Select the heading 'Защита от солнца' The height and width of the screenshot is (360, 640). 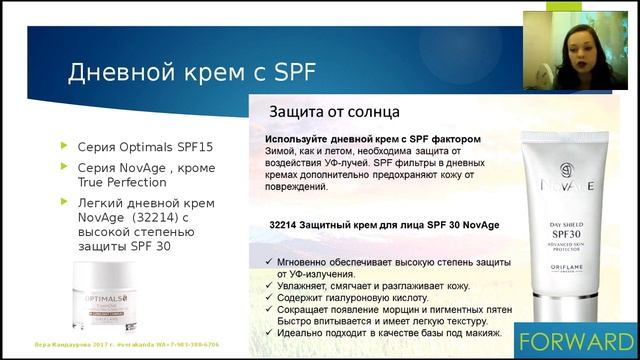[334, 111]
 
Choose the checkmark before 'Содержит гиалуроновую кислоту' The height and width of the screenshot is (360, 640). [258, 299]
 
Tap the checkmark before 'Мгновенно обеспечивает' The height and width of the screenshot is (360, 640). [258, 262]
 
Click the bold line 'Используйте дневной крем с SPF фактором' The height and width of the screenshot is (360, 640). [373, 138]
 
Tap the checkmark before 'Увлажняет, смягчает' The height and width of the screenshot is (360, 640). [258, 285]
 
